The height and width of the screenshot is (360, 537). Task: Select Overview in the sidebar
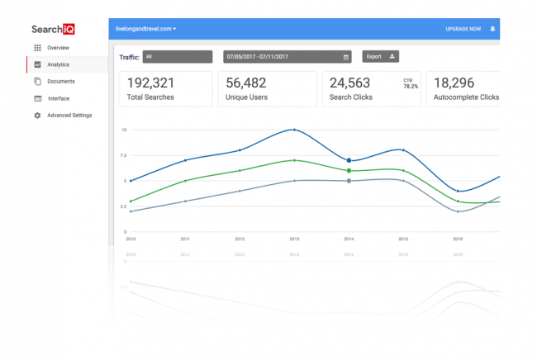tap(58, 48)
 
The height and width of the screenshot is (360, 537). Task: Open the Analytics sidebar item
tap(58, 64)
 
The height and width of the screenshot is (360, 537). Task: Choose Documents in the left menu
tap(60, 81)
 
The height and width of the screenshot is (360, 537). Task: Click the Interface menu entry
tap(59, 98)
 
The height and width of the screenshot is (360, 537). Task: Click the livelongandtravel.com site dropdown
tap(147, 29)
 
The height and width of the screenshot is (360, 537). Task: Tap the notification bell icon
tap(492, 29)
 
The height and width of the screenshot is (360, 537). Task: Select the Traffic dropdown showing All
tap(177, 57)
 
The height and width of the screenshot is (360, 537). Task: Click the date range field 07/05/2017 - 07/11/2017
tap(286, 57)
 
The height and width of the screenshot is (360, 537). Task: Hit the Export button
tap(380, 57)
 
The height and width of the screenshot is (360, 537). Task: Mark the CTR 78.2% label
tap(409, 83)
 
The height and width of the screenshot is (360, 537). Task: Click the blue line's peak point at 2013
tap(295, 130)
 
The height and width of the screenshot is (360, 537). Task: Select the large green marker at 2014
tap(349, 170)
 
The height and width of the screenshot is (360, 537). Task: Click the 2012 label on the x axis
tap(240, 239)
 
